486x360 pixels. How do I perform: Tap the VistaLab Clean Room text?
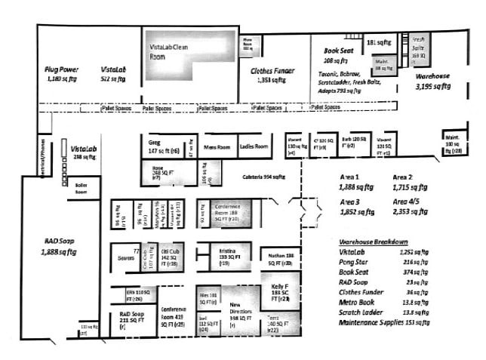coord(171,51)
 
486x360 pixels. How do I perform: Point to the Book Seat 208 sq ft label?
coord(335,54)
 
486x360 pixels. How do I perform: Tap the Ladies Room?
coord(254,146)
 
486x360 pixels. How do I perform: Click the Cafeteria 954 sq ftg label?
coord(263,177)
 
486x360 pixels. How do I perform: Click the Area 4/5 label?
coord(408,202)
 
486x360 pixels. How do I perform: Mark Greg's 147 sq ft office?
coord(163,146)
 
